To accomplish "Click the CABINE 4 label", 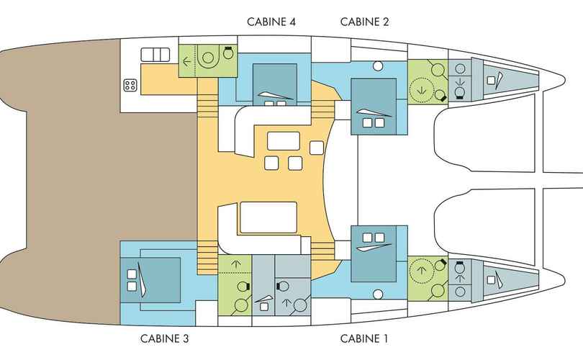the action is coord(271,22).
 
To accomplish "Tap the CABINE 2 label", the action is coord(364,22).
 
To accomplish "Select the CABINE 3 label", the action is coord(164,338).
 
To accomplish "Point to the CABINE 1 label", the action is coord(364,338).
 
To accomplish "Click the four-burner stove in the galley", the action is coord(130,85).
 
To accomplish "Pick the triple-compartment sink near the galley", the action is coord(155,55).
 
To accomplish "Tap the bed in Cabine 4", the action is coord(275,84).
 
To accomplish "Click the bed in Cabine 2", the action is coord(374,107).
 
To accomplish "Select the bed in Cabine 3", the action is coord(150,280).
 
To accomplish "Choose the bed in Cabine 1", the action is coord(374,253).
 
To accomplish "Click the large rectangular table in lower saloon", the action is coord(268,217).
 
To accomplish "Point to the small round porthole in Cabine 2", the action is coord(378,66).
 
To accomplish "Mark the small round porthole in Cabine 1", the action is coord(378,294).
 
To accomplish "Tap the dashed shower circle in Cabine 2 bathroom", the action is coord(422,90).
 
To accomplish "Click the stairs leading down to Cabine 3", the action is coord(207,257).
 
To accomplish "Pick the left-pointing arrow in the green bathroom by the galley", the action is coord(186,62).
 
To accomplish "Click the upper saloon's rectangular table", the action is coord(284,140).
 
